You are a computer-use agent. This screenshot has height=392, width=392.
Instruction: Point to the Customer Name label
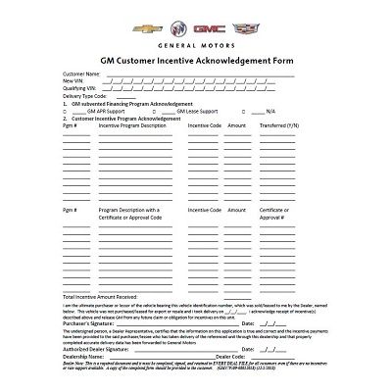[x=81, y=73]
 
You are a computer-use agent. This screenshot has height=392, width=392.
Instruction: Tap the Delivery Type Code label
[x=85, y=95]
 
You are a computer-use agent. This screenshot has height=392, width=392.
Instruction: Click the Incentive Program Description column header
[x=132, y=125]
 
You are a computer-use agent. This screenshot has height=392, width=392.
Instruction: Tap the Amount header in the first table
[x=236, y=125]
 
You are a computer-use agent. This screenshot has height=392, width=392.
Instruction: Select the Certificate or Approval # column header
[x=274, y=213]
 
